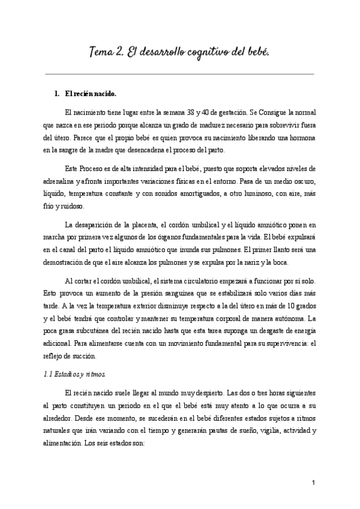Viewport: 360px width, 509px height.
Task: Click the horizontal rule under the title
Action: pyautogui.click(x=180, y=74)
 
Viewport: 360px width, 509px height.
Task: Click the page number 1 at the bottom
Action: pyautogui.click(x=314, y=483)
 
